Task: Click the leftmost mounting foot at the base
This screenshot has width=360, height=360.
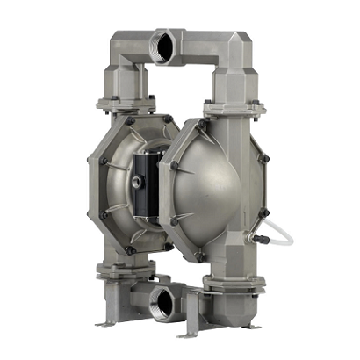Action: (x=104, y=322)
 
